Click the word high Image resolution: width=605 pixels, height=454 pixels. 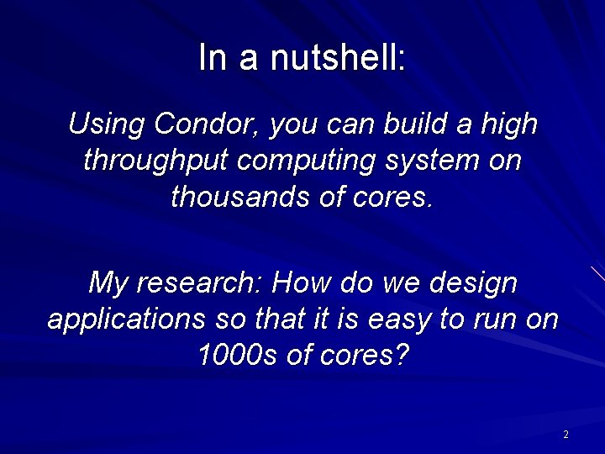(508, 124)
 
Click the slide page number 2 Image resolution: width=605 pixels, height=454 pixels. (566, 435)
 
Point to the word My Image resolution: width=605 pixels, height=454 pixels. (107, 282)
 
